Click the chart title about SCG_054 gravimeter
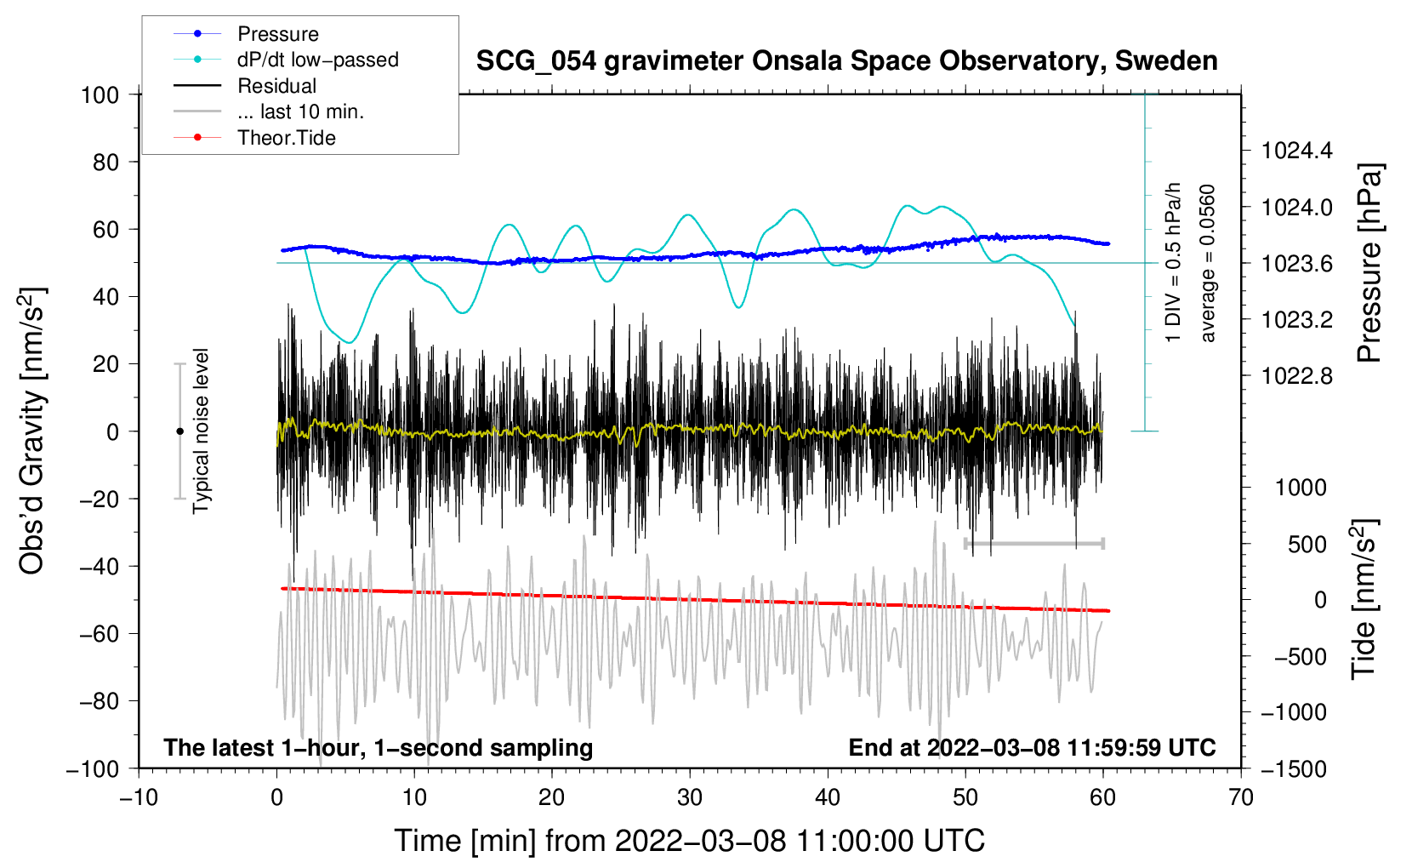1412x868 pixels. (846, 61)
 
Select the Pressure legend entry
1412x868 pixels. (277, 34)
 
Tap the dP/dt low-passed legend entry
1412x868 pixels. (317, 60)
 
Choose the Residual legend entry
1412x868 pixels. (276, 86)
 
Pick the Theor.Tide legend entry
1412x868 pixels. (286, 138)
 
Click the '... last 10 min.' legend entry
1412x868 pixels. (300, 111)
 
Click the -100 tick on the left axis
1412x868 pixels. (93, 768)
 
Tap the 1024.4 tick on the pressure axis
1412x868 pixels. (1297, 151)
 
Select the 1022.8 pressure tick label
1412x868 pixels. (1297, 376)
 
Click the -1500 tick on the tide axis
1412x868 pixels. (1294, 768)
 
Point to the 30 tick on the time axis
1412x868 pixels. (690, 797)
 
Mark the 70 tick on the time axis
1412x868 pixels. (1241, 797)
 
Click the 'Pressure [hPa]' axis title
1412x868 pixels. (1369, 264)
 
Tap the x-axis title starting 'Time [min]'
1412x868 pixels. (690, 841)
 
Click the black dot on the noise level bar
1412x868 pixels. (179, 431)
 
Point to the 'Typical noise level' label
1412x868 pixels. (201, 431)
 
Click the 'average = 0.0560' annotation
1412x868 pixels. (1208, 264)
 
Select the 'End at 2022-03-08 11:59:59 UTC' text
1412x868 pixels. (1032, 747)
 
